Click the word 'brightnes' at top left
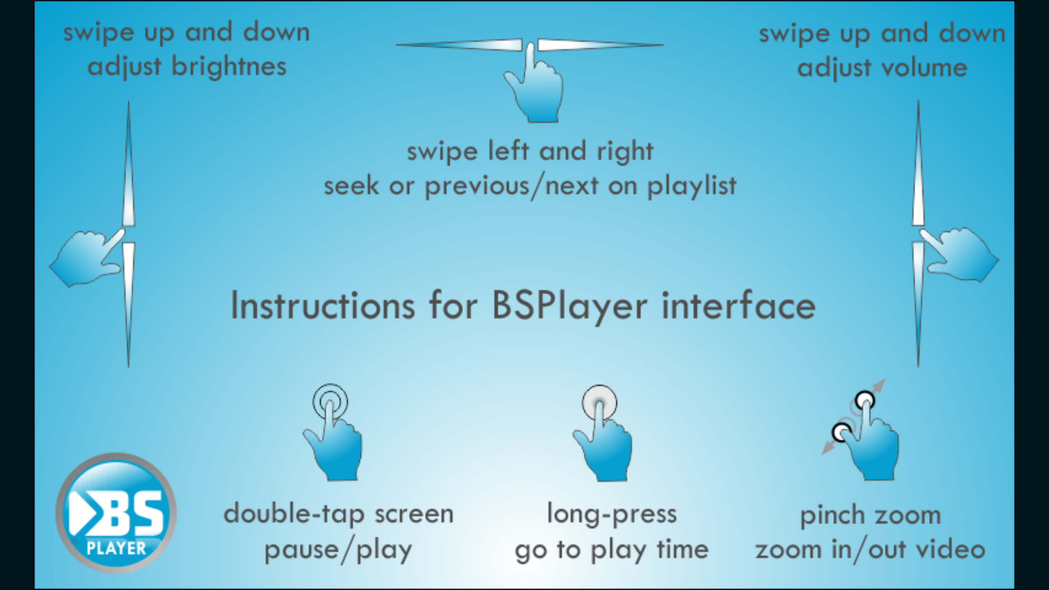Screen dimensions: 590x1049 pyautogui.click(x=228, y=67)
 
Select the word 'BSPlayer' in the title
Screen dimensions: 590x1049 pyautogui.click(x=570, y=306)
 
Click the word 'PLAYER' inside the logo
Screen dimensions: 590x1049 pyautogui.click(x=116, y=548)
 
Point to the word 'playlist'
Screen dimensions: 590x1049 pyautogui.click(x=691, y=186)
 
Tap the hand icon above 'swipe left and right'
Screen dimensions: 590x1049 pyautogui.click(x=535, y=90)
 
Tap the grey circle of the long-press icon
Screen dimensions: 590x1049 pyautogui.click(x=599, y=402)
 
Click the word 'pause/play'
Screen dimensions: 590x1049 pyautogui.click(x=338, y=550)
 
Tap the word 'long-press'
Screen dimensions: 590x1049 pyautogui.click(x=612, y=514)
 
